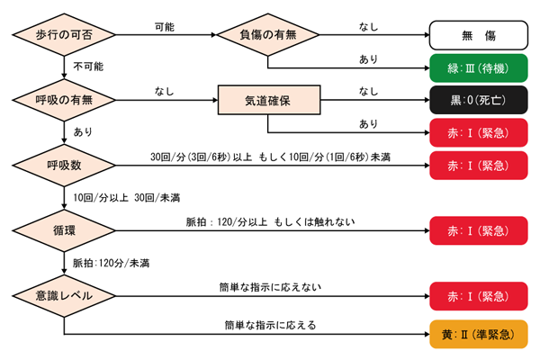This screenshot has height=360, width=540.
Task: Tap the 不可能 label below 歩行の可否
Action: (x=88, y=67)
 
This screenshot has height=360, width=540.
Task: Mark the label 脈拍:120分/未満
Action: (x=112, y=263)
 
